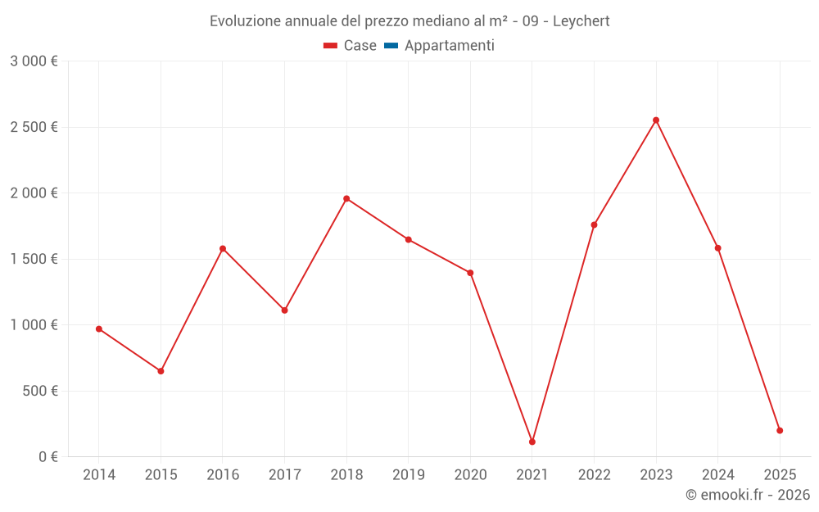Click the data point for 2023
[656, 120]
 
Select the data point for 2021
[532, 442]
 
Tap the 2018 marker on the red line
[346, 198]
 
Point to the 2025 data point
[780, 430]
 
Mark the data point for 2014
[99, 328]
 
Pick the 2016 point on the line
[223, 248]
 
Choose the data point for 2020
[470, 273]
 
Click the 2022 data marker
[594, 224]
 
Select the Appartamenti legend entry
[449, 46]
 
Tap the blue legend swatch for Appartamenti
[391, 46]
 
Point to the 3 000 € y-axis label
[34, 61]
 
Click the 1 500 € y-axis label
[34, 259]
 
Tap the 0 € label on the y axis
[47, 456]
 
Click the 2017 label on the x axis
[284, 474]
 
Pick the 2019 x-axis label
[408, 474]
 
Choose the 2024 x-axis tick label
[717, 474]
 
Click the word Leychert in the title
[581, 21]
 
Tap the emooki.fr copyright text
[747, 495]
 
